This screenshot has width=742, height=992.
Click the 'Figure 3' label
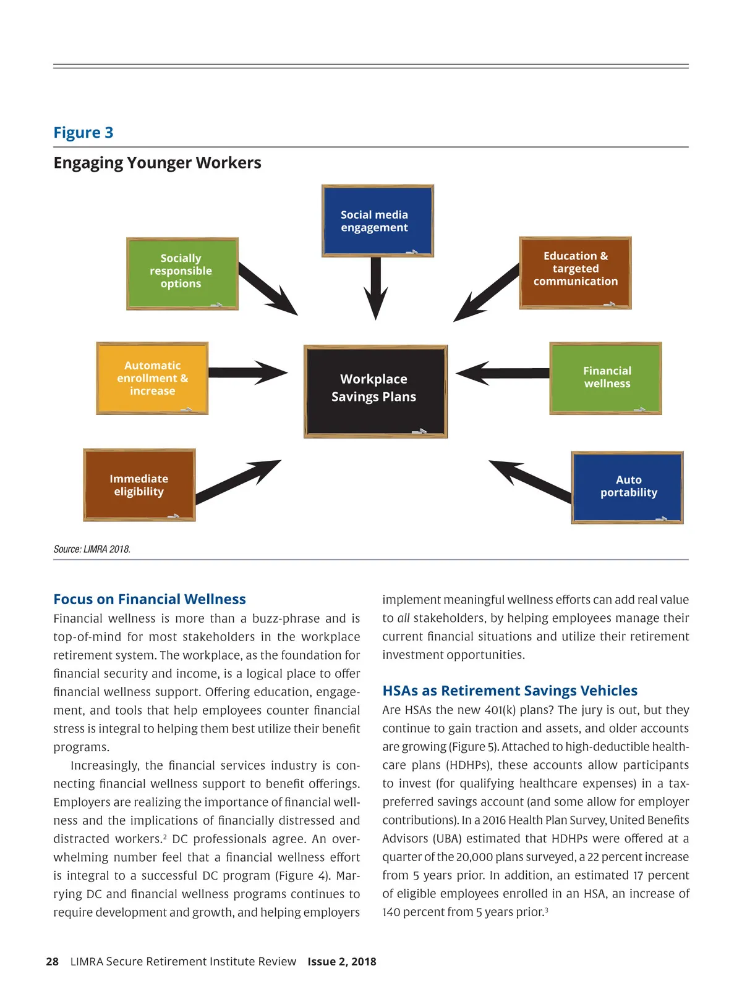[x=83, y=133]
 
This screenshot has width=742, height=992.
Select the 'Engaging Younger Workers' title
[x=157, y=163]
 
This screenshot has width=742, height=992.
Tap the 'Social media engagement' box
[x=377, y=221]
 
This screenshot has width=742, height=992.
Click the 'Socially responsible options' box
[x=182, y=273]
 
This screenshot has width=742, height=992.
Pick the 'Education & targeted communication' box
[x=575, y=272]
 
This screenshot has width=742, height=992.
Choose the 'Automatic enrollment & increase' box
[x=152, y=378]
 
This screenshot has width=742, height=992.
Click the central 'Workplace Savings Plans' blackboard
[x=375, y=391]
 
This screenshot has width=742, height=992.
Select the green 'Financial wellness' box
[x=605, y=378]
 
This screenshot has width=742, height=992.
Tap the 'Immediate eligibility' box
[x=139, y=485]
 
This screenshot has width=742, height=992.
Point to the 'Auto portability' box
[x=627, y=487]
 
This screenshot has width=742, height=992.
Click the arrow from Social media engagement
[x=375, y=287]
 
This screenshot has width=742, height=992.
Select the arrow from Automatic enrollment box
[x=247, y=372]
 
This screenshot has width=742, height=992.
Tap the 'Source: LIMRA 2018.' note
[x=92, y=549]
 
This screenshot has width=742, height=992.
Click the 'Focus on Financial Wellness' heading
[x=150, y=599]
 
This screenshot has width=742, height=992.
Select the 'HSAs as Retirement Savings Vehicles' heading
[x=510, y=691]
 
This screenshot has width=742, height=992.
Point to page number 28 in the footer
[x=53, y=962]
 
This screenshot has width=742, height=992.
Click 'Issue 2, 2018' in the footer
[x=342, y=962]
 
